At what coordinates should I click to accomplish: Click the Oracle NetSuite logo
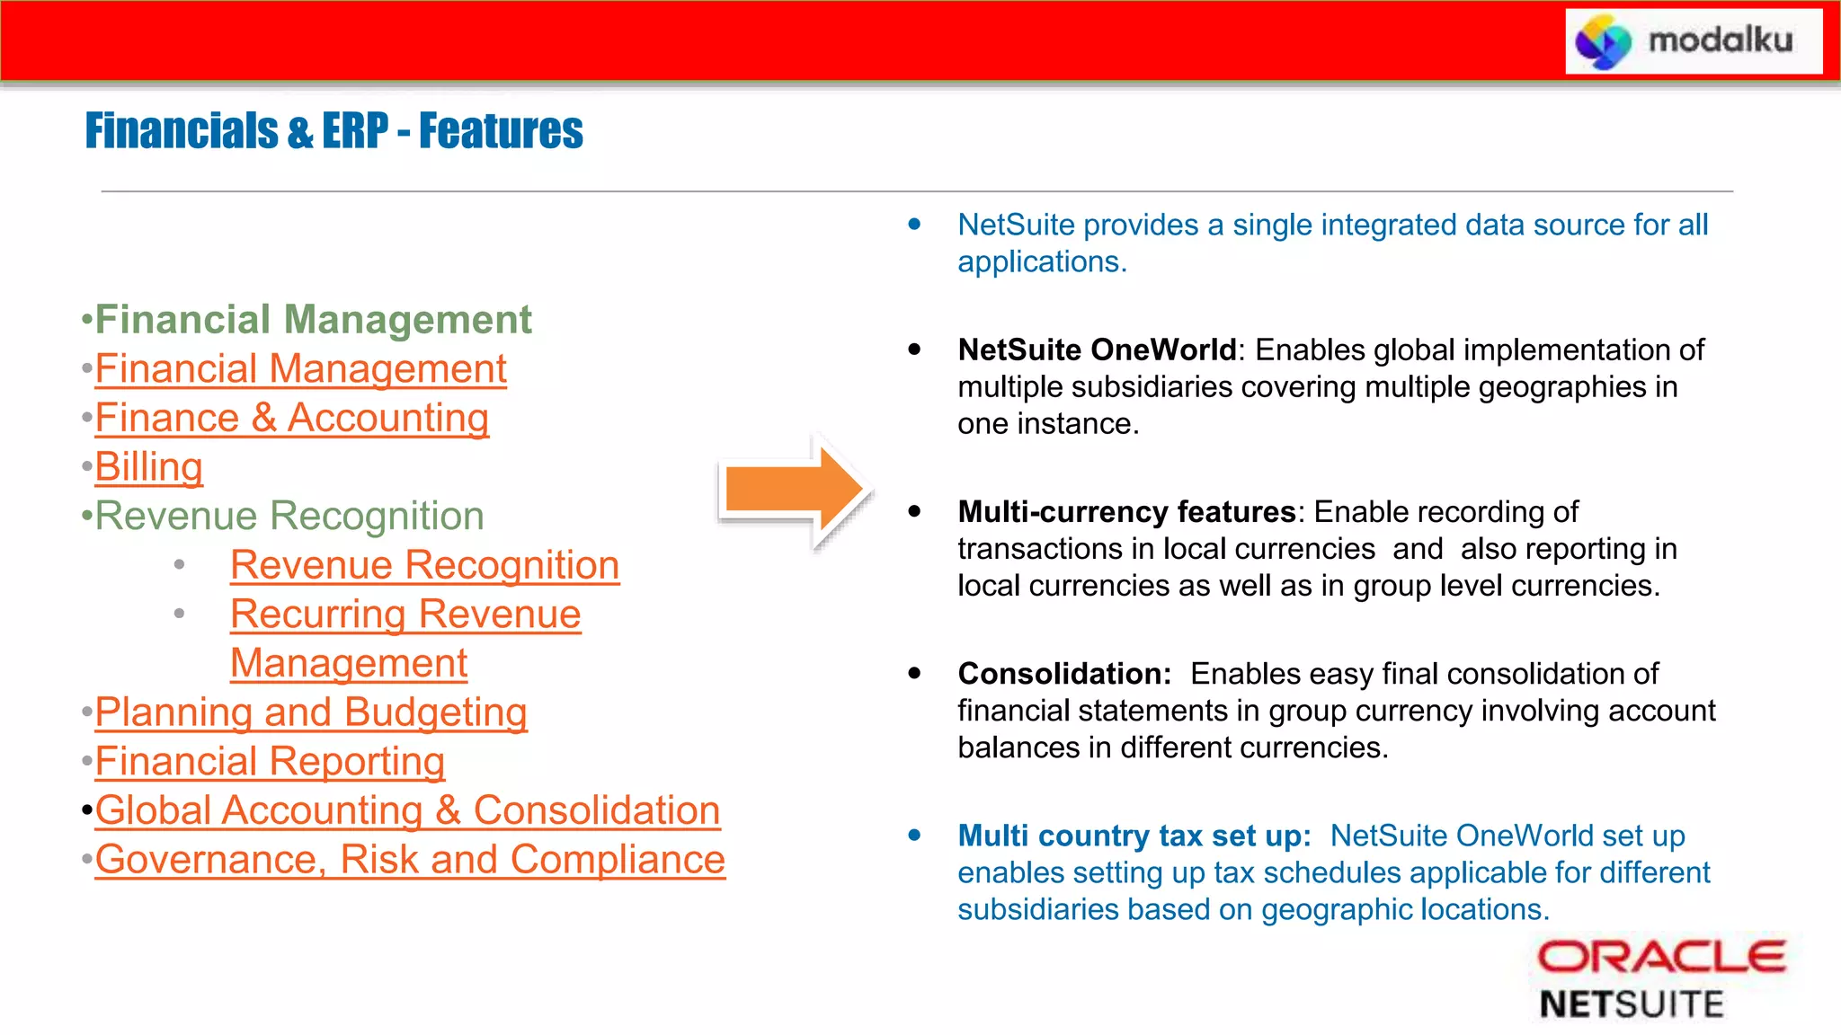pyautogui.click(x=1660, y=979)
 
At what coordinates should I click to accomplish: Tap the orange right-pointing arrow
pyautogui.click(x=795, y=491)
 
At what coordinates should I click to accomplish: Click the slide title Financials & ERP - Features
pyautogui.click(x=334, y=131)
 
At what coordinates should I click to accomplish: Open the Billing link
pyautogui.click(x=149, y=467)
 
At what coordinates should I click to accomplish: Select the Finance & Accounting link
pyautogui.click(x=292, y=418)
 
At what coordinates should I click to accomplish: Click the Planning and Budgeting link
pyautogui.click(x=311, y=712)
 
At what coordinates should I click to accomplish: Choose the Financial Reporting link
pyautogui.click(x=270, y=761)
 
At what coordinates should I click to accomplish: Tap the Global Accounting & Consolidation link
pyautogui.click(x=407, y=810)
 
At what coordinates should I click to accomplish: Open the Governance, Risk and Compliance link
pyautogui.click(x=410, y=860)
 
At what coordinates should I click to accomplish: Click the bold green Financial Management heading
pyautogui.click(x=313, y=320)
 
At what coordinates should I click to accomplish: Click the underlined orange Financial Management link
pyautogui.click(x=300, y=369)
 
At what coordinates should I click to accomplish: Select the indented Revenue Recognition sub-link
pyautogui.click(x=424, y=565)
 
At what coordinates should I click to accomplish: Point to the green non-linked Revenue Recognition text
pyautogui.click(x=289, y=517)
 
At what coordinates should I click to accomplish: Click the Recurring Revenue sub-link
pyautogui.click(x=405, y=615)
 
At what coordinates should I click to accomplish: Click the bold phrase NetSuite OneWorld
pyautogui.click(x=1097, y=349)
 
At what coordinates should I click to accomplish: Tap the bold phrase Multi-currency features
pyautogui.click(x=1126, y=511)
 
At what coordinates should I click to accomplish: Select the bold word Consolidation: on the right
pyautogui.click(x=1064, y=673)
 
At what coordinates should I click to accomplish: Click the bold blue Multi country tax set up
pyautogui.click(x=1134, y=836)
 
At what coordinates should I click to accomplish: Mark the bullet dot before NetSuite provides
pyautogui.click(x=914, y=224)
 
